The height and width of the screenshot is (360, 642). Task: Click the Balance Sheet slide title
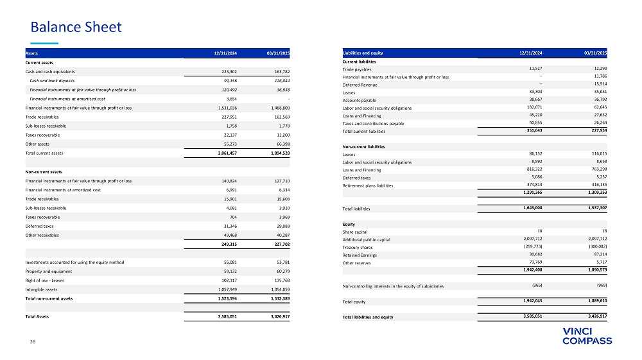coord(76,27)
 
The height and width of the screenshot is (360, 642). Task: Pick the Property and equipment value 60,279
coord(279,271)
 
